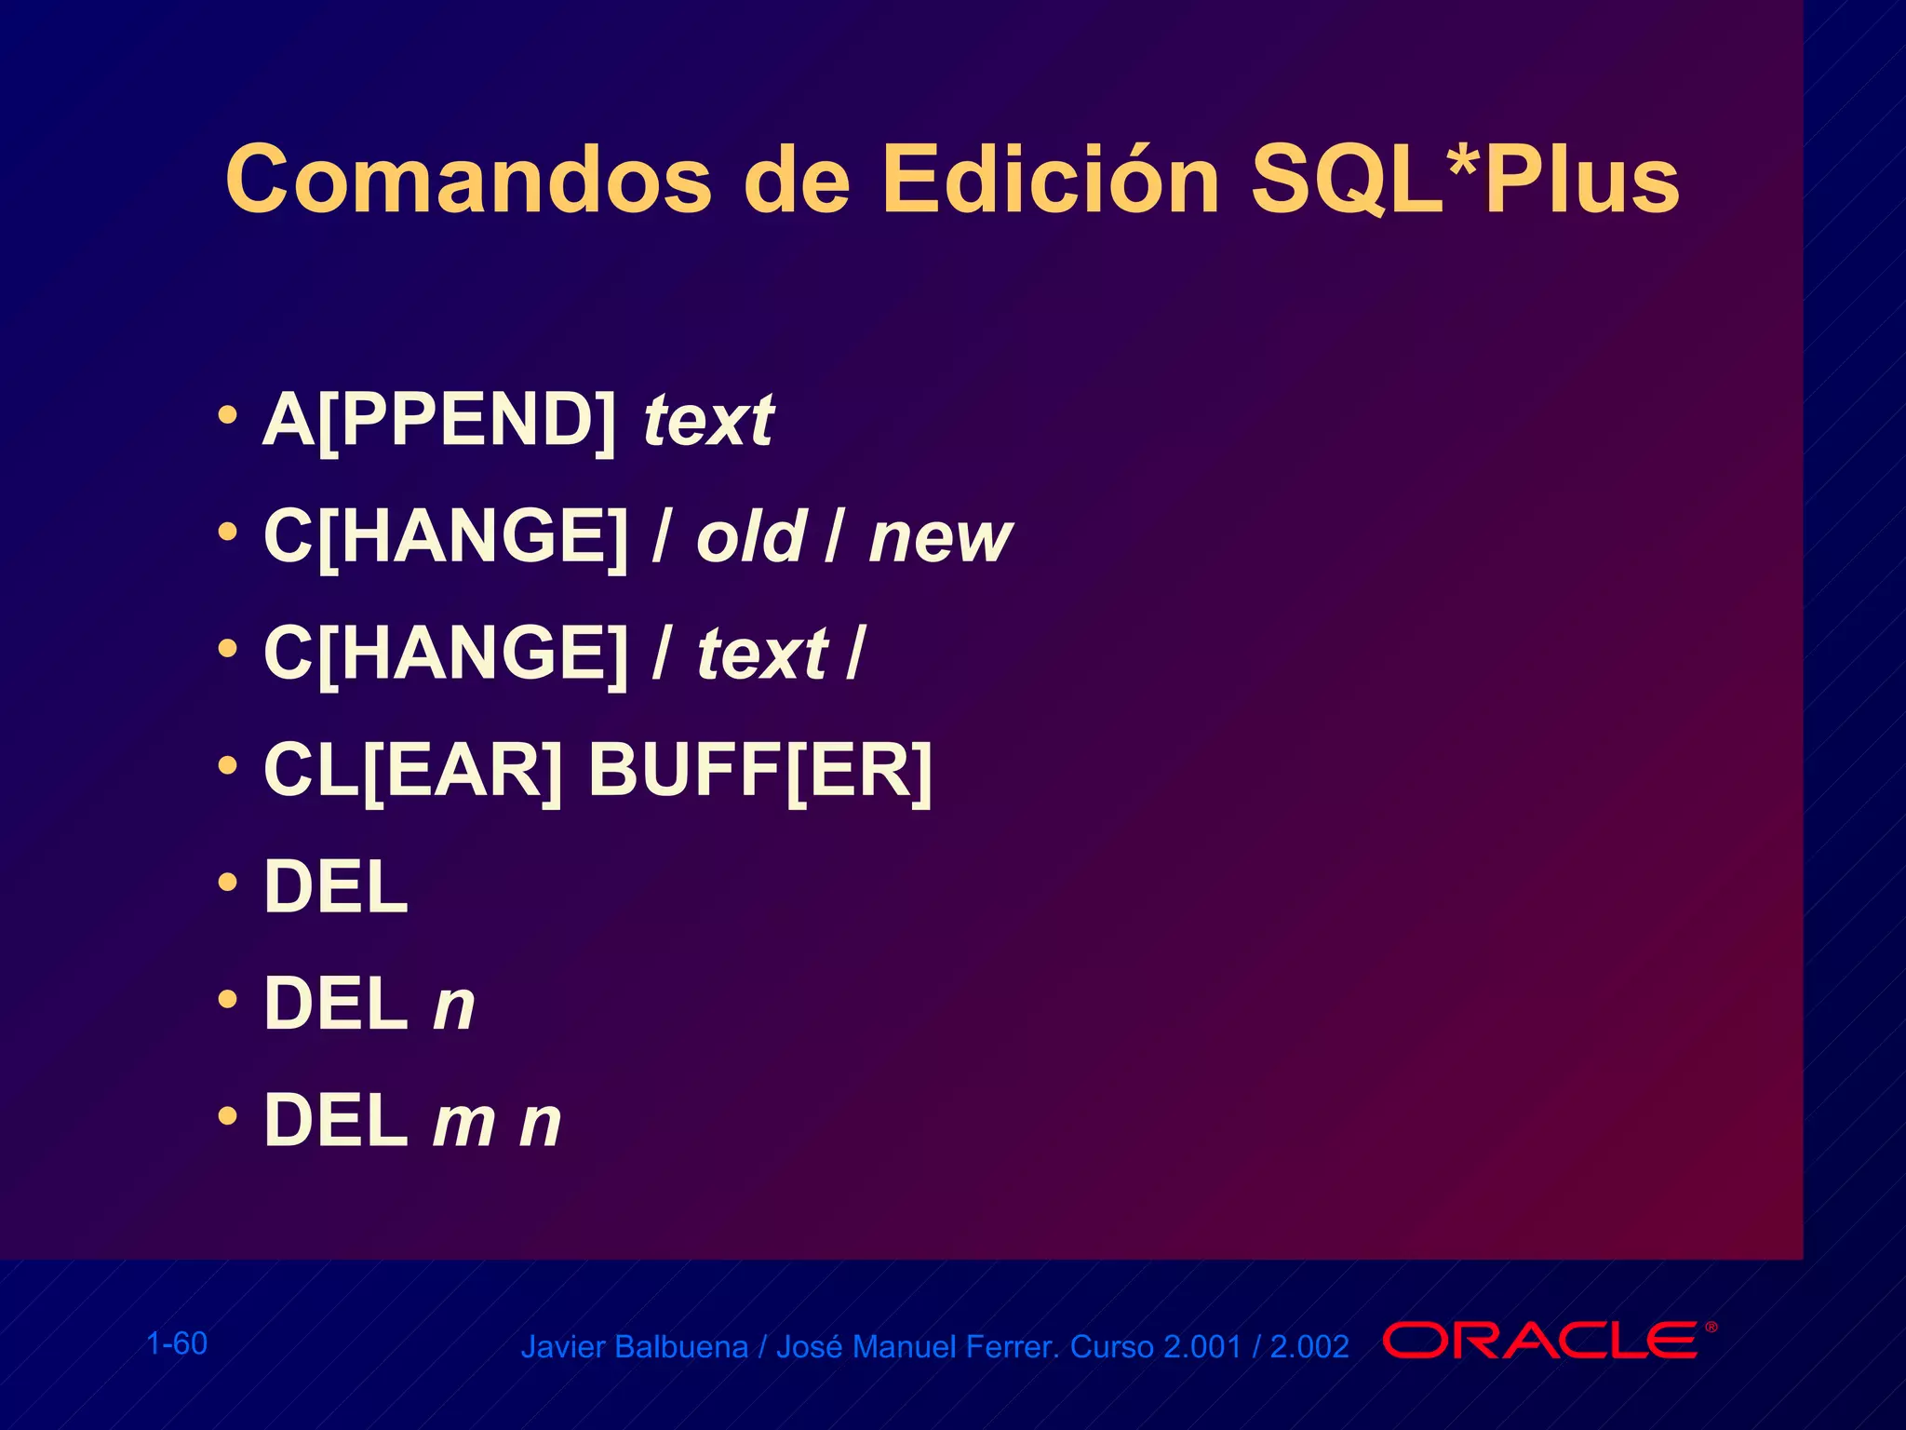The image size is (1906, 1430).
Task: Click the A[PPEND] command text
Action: pos(439,421)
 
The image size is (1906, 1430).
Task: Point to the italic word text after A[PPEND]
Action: pos(708,421)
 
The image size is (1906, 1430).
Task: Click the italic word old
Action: pos(750,538)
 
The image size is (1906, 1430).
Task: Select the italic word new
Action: pos(939,538)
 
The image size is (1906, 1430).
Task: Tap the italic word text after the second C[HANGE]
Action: pos(762,654)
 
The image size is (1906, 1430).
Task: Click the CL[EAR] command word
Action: pos(413,771)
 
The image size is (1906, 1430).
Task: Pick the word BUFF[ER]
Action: pos(759,771)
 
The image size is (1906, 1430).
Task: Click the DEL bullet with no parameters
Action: pos(336,888)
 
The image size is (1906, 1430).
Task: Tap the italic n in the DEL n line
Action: pos(454,1005)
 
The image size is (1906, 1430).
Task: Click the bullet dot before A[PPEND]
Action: pos(227,415)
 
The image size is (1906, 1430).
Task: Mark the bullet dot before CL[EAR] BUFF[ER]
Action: pos(227,765)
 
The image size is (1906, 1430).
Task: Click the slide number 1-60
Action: pos(177,1343)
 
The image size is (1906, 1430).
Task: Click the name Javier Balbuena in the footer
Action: pos(634,1347)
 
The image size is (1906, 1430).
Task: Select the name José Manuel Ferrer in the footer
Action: pos(918,1347)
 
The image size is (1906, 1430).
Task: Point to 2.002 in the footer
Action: pos(1309,1347)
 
